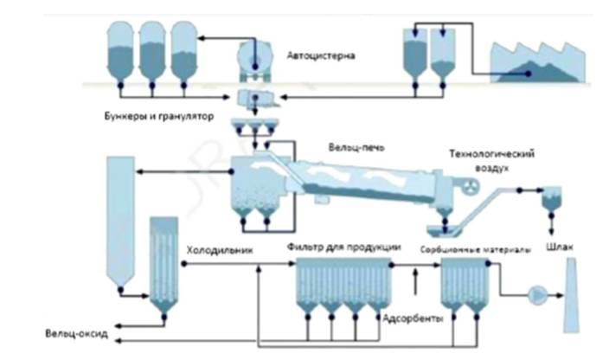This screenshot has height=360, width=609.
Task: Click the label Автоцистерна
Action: coord(320,56)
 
